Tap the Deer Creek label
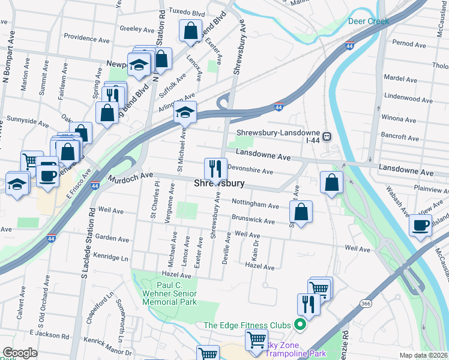pos(369,21)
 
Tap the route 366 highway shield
pos(365,304)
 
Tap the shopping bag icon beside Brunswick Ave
pos(301,211)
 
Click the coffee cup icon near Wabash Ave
pos(421,226)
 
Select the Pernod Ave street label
pos(408,44)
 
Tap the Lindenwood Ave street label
pos(405,96)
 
